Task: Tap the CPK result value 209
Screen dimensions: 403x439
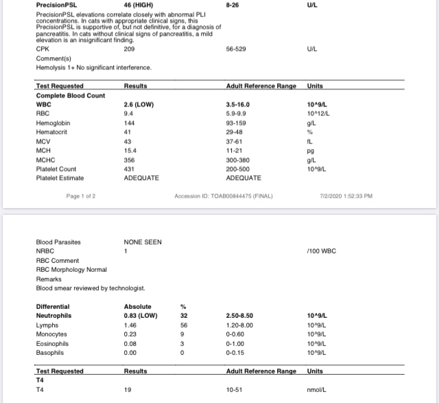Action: coord(129,49)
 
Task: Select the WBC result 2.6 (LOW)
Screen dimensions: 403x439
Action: coord(139,104)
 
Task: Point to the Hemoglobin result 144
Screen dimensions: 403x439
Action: coord(129,123)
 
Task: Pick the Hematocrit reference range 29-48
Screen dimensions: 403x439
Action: coord(235,132)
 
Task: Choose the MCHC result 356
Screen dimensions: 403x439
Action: coord(129,160)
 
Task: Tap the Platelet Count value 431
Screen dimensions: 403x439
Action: coord(129,169)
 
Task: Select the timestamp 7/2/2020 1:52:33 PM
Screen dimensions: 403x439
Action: coord(346,196)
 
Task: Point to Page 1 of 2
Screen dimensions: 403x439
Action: coord(81,196)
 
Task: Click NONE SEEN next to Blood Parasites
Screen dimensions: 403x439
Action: coord(143,242)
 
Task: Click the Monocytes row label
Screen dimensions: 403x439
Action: coord(51,334)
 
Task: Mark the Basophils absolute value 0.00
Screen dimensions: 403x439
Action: coord(130,352)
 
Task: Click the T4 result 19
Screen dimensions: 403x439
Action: coord(128,389)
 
